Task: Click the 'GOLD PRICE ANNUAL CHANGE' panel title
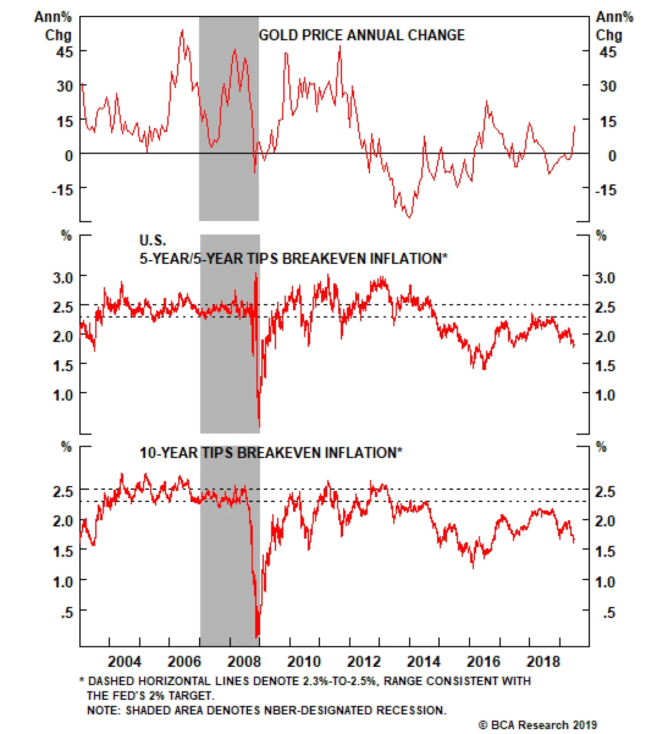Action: click(362, 35)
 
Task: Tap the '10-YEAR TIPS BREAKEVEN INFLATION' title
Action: click(271, 453)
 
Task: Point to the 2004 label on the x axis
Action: click(124, 661)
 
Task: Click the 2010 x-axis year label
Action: click(304, 661)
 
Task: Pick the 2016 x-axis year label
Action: click(483, 661)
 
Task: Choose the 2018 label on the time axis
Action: click(543, 661)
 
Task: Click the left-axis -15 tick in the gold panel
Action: click(62, 190)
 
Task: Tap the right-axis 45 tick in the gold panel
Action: click(607, 52)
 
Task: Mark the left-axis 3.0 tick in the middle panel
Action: click(63, 278)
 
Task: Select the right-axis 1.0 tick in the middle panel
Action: click(605, 395)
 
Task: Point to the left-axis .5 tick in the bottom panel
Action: click(67, 613)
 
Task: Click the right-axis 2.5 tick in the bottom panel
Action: click(605, 491)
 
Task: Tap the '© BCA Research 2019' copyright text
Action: click(538, 725)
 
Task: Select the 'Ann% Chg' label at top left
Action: click(53, 26)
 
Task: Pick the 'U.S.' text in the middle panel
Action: click(152, 240)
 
